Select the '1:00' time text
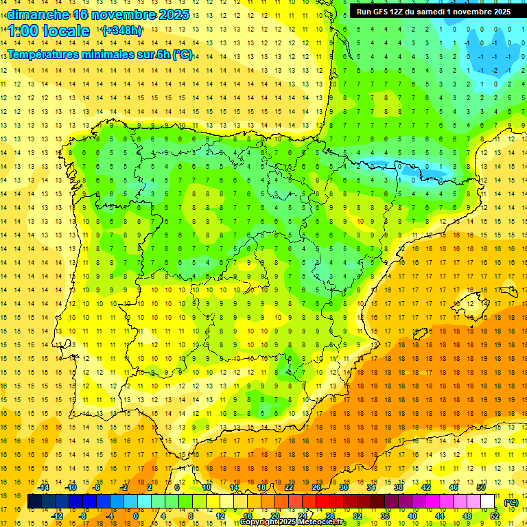point(25,31)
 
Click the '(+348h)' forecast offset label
point(122,31)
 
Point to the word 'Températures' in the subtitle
point(45,55)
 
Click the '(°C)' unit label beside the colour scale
point(511,502)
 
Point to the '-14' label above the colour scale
point(43,487)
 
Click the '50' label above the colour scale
point(481,487)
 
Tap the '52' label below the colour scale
point(495,516)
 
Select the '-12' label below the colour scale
point(57,516)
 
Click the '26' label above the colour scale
point(316,487)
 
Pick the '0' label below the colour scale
point(136,516)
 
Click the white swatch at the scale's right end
point(488,502)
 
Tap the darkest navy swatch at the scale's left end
point(34,502)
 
